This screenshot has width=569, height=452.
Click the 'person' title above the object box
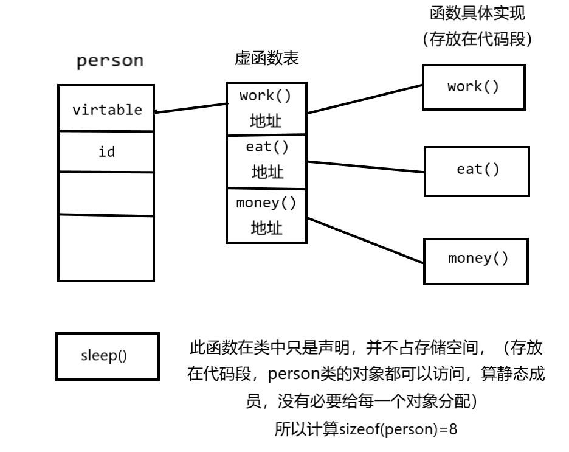110,61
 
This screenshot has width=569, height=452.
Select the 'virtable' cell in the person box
107,110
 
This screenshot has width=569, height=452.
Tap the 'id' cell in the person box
106,151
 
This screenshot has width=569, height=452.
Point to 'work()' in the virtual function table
266,96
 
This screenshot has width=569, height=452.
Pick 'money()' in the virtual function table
266,203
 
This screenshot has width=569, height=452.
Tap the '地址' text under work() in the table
266,121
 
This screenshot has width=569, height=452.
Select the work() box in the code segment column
474,87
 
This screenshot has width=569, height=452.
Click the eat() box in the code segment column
476,170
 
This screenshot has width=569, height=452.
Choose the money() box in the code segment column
476,260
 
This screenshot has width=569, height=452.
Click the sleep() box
107,356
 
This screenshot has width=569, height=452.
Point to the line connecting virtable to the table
190,108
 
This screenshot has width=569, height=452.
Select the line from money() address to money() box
365,240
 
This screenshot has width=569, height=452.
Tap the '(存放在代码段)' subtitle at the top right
476,39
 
